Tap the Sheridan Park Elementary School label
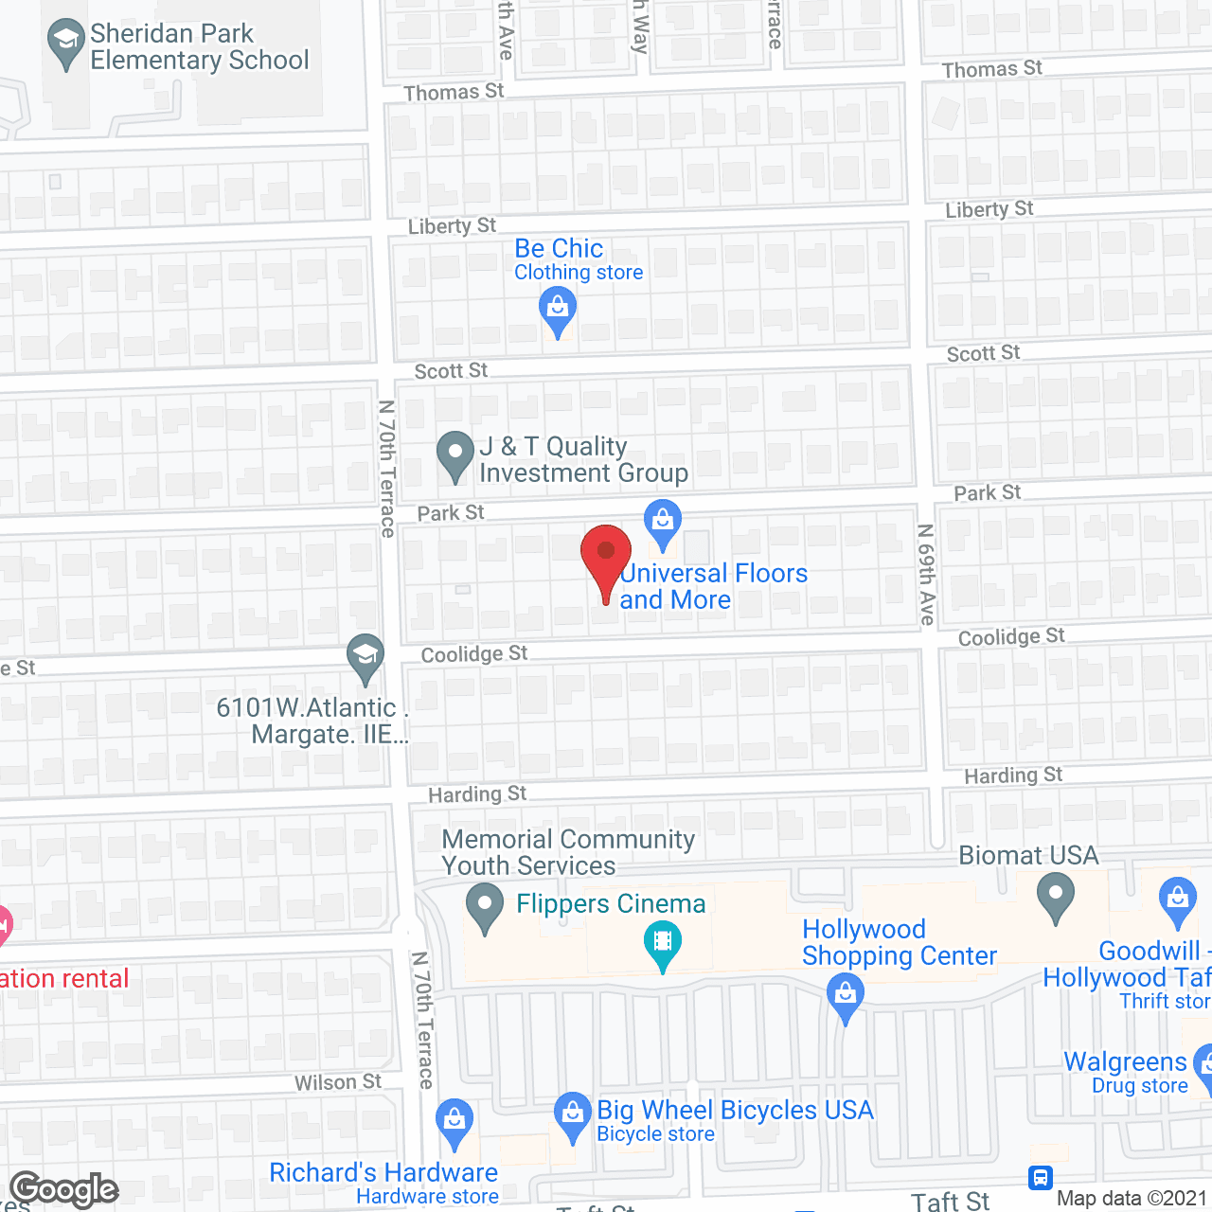(199, 47)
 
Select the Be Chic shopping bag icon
(558, 309)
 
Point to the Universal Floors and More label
(713, 586)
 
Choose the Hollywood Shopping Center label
(899, 942)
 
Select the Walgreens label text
(1125, 1062)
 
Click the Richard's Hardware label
(383, 1173)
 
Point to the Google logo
(64, 1189)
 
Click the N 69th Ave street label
(926, 574)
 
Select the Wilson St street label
(337, 1082)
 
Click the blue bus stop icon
(1041, 1177)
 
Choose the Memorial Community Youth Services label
(568, 852)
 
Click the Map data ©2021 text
(1132, 1199)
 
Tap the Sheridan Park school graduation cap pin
(66, 43)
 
